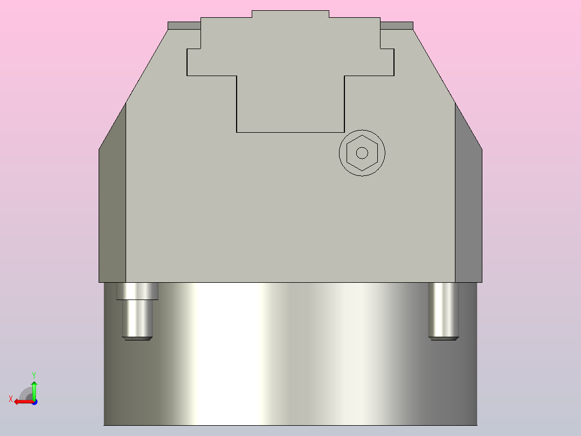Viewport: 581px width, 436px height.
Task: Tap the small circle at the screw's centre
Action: (362, 153)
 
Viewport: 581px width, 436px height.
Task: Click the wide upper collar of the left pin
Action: (137, 291)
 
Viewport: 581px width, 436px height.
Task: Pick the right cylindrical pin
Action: (443, 310)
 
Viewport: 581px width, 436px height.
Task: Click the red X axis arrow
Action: (22, 401)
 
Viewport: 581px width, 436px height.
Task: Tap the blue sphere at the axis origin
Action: (34, 401)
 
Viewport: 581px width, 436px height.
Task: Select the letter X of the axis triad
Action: (11, 399)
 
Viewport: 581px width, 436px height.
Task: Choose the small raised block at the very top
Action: (290, 14)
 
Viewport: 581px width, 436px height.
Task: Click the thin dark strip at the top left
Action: (184, 25)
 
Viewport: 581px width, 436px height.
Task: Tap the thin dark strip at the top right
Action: (397, 25)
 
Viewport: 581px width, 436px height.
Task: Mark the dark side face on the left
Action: (112, 205)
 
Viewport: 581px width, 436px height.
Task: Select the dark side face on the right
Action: (468, 205)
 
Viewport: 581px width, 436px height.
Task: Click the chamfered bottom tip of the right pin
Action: (444, 338)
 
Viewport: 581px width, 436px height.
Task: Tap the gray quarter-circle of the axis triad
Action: (25, 394)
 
